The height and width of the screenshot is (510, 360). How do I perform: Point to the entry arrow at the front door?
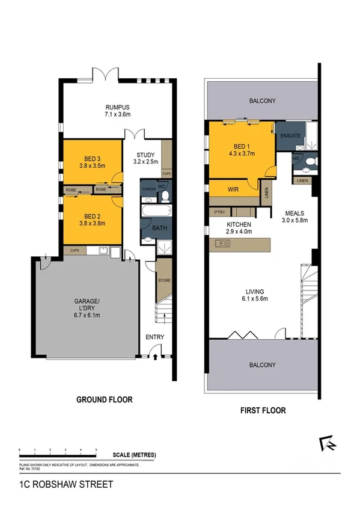coord(156,357)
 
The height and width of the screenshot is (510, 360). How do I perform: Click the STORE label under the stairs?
coord(164,280)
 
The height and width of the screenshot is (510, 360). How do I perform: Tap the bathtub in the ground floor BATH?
coord(156,211)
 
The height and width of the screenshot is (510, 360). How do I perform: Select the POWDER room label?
coord(148,189)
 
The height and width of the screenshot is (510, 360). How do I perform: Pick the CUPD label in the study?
coord(166,173)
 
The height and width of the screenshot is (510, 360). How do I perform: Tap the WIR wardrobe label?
coord(234,189)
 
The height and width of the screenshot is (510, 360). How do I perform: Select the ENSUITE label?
coord(290,137)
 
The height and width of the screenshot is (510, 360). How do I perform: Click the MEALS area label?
coord(294,213)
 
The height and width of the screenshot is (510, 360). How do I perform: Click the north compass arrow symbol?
coord(329,444)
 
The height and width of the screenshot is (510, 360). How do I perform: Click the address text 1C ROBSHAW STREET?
coord(57,483)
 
